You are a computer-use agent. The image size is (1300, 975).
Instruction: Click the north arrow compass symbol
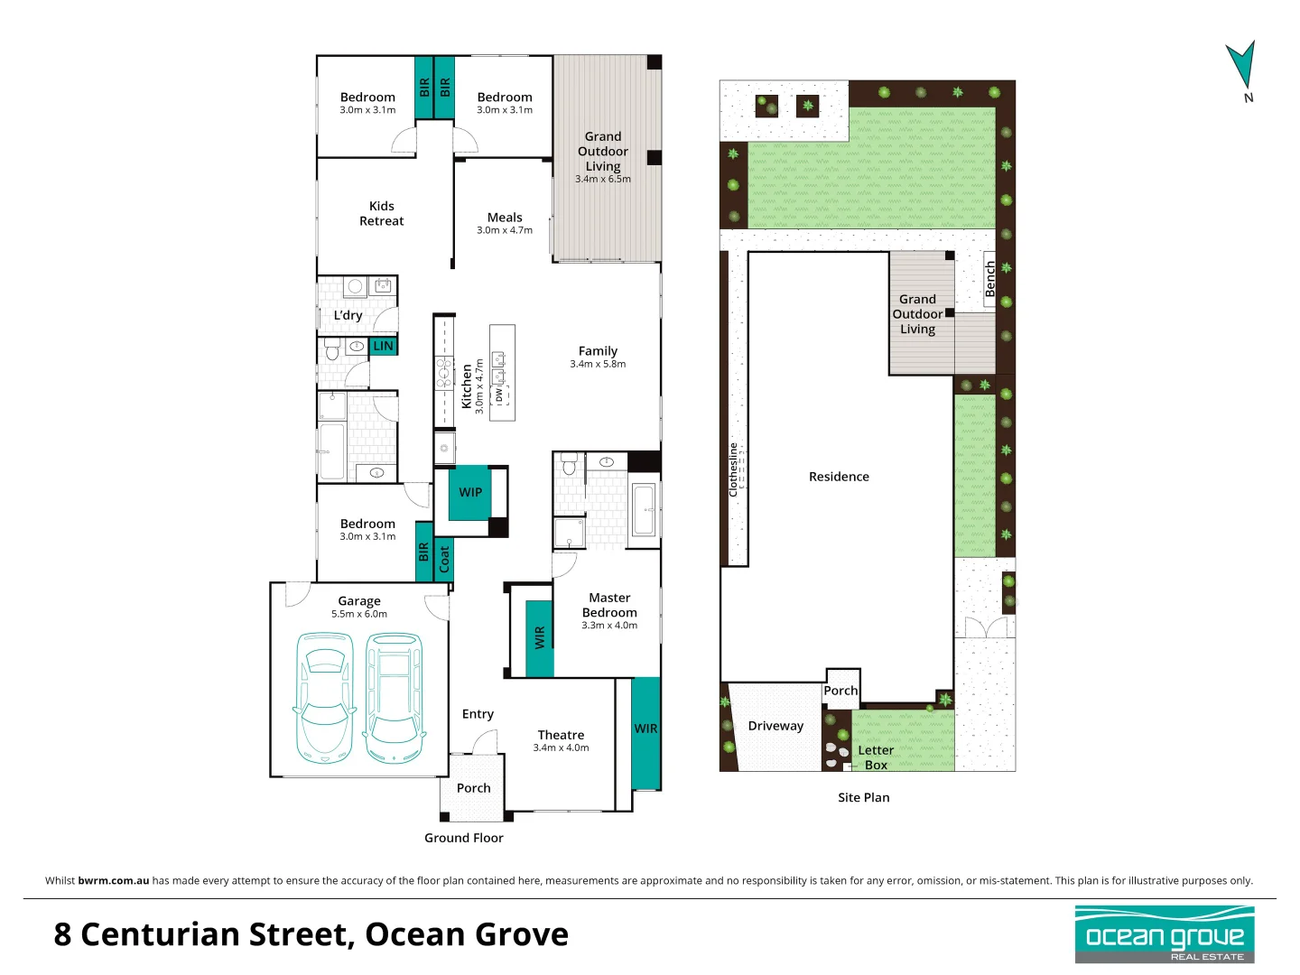[x=1241, y=67]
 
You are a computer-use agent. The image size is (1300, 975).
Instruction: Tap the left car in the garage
[x=324, y=698]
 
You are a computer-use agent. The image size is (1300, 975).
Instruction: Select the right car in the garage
[x=394, y=698]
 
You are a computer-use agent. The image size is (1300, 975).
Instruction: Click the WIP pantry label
[x=470, y=492]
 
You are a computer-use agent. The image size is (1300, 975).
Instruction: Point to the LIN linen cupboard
[x=384, y=346]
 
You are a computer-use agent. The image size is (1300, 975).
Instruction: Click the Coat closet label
[x=444, y=560]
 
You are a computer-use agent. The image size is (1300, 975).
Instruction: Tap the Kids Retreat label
[x=381, y=214]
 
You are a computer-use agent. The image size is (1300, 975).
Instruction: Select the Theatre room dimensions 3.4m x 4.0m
[x=561, y=747]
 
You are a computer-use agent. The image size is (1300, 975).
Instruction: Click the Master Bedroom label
[x=609, y=605]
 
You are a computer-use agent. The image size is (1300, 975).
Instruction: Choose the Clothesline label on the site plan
[x=733, y=469]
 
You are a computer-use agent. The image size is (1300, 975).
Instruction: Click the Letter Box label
[x=875, y=757]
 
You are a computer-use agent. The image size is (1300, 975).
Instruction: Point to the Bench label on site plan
[x=989, y=279]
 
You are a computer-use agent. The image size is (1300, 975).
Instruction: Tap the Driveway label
[x=775, y=726]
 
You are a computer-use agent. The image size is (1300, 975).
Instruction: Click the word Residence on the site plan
[x=839, y=477]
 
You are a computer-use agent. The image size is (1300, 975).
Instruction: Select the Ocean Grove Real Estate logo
[x=1165, y=934]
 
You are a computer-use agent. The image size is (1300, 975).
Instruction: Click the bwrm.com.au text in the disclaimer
[x=114, y=880]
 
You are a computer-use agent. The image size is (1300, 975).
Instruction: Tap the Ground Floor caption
[x=464, y=838]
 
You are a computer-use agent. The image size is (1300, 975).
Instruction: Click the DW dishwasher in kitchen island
[x=499, y=395]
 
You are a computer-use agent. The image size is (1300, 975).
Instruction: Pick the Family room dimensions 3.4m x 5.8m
[x=598, y=365]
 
